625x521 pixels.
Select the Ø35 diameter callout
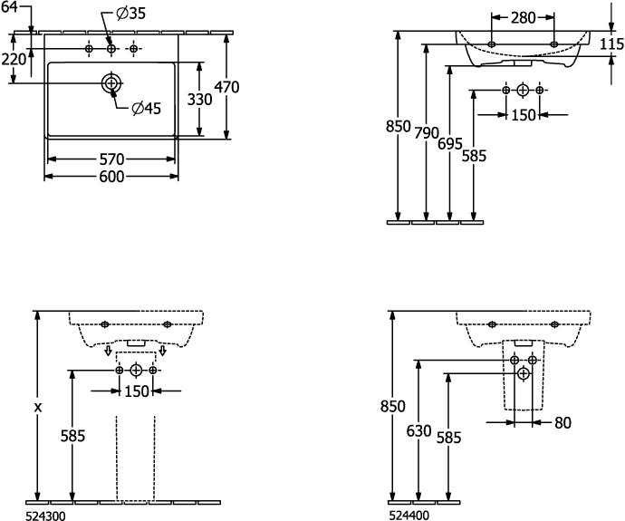tap(131, 14)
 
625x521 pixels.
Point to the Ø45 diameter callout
tap(146, 109)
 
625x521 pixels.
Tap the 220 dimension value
tap(14, 60)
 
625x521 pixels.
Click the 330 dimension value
tap(199, 99)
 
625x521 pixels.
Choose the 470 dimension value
tap(226, 87)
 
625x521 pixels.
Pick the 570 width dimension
tap(111, 159)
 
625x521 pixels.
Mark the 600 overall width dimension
tap(111, 178)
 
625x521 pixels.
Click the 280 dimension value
tap(522, 17)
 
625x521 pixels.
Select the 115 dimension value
tap(612, 44)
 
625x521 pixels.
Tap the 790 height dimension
tap(427, 132)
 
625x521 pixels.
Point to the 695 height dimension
tap(450, 143)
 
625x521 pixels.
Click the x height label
tap(38, 408)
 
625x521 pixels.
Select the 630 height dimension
tap(418, 431)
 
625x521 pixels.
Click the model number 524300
tap(46, 514)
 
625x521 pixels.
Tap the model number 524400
tap(409, 514)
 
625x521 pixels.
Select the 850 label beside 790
tap(399, 126)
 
